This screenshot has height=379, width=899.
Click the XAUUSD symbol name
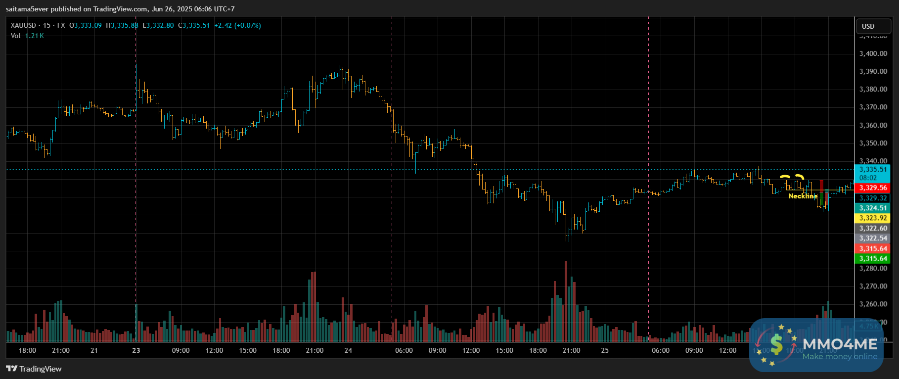click(x=23, y=25)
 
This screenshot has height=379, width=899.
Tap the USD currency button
click(x=868, y=26)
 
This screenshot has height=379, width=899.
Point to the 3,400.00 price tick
click(x=873, y=53)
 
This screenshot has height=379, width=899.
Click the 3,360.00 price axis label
click(x=873, y=125)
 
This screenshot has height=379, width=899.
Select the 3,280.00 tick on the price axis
click(x=873, y=268)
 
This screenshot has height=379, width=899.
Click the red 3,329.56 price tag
click(x=873, y=188)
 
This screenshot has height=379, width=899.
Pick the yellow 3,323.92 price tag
click(x=873, y=218)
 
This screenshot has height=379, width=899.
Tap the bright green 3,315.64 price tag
click(x=873, y=259)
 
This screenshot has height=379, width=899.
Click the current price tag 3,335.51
click(x=873, y=170)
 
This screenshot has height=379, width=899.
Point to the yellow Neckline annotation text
click(x=803, y=196)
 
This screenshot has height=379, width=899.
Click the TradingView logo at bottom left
click(x=34, y=369)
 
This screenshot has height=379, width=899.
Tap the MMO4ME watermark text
click(x=840, y=344)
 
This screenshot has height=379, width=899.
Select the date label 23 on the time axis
click(x=136, y=350)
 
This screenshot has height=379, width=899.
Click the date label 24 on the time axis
click(x=348, y=350)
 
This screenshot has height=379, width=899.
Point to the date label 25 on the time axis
click(x=605, y=350)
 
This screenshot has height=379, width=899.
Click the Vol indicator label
click(x=16, y=36)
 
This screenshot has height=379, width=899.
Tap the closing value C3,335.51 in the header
click(x=194, y=25)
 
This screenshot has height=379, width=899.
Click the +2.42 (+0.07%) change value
click(x=237, y=25)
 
